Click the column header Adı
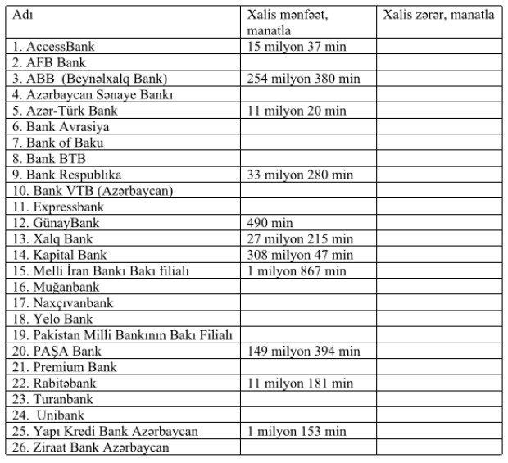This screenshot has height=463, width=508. point(23,16)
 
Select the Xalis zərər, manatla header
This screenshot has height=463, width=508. point(438,16)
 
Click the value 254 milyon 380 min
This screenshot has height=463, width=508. point(303,79)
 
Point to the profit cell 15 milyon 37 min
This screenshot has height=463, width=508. point(297,47)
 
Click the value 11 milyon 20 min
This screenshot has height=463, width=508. point(297,111)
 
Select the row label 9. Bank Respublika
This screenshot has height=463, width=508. point(67,175)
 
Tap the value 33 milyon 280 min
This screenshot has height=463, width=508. point(300,175)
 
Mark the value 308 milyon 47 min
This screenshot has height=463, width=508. point(300,255)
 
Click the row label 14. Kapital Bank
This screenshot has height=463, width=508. point(60,255)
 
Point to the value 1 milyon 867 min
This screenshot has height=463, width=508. point(297,270)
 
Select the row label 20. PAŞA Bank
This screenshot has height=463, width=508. point(57,351)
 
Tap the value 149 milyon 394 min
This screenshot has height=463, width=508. point(303,351)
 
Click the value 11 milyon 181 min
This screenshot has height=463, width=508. point(300,383)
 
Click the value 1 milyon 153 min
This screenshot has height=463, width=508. point(297,431)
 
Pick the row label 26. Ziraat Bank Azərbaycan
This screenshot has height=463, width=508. point(90,447)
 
